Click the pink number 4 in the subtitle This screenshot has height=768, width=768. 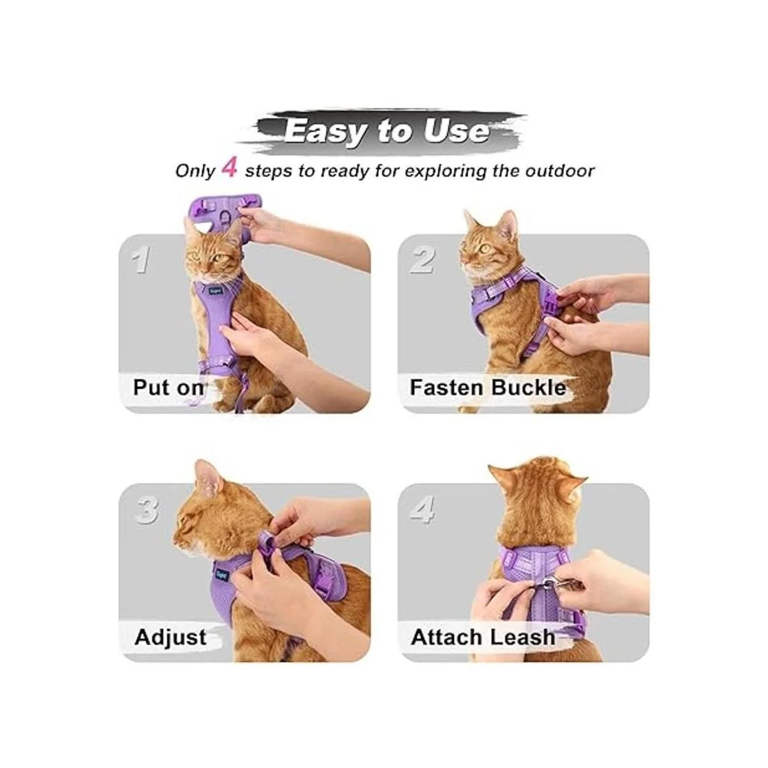(x=229, y=168)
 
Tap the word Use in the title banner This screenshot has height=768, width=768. (x=456, y=131)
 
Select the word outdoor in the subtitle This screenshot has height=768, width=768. (x=559, y=171)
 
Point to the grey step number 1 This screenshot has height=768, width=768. (x=141, y=259)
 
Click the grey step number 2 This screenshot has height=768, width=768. (x=422, y=260)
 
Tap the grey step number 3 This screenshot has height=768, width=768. (x=147, y=509)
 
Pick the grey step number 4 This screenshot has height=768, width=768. (x=422, y=509)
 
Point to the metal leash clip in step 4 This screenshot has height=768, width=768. (x=563, y=587)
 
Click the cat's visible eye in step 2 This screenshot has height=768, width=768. (x=485, y=248)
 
